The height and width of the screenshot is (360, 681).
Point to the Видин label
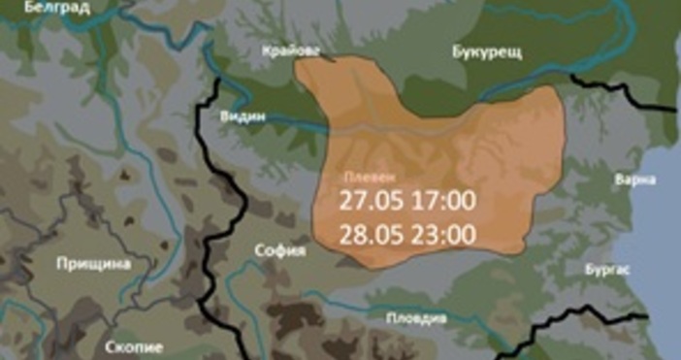(244, 115)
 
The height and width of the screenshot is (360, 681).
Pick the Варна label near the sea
(635, 180)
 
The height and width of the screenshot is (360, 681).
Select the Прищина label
(93, 263)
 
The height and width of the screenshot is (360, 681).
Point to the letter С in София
(258, 250)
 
